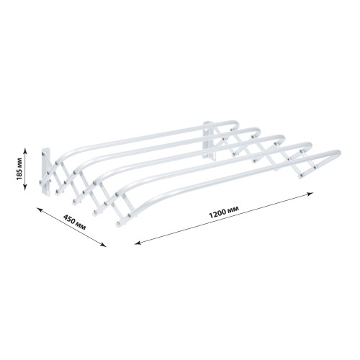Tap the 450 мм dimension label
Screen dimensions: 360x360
74,222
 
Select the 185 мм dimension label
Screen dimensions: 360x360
19,168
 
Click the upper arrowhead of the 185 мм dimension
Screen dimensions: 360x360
25,150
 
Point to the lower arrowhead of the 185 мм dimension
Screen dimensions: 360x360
25,188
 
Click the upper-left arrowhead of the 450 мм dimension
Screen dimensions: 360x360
40,210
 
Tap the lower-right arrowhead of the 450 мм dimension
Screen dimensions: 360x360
103,245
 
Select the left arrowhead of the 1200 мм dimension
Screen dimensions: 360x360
138,243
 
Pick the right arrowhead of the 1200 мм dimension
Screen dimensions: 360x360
310,194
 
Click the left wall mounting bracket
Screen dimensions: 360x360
46,171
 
